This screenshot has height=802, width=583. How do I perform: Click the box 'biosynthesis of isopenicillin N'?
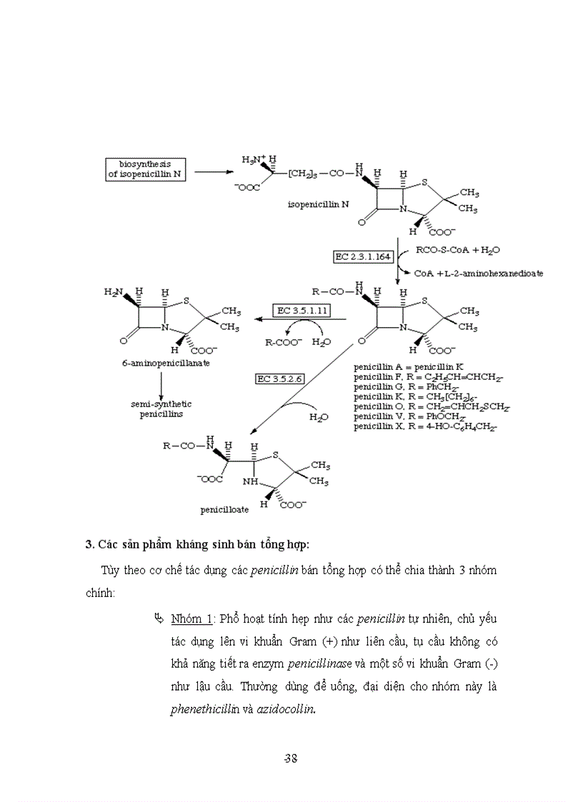click(145, 170)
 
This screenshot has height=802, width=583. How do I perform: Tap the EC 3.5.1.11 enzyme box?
click(302, 311)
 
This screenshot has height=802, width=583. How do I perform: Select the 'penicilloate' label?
click(224, 511)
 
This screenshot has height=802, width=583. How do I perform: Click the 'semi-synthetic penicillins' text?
click(161, 409)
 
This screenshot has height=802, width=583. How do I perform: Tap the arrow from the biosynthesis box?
click(214, 171)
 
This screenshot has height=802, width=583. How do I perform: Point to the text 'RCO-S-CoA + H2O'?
click(458, 250)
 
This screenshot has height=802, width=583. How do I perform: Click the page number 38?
click(290, 758)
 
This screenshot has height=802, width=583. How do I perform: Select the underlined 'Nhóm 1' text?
click(191, 617)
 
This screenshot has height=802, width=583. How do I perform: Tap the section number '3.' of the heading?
click(90, 545)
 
